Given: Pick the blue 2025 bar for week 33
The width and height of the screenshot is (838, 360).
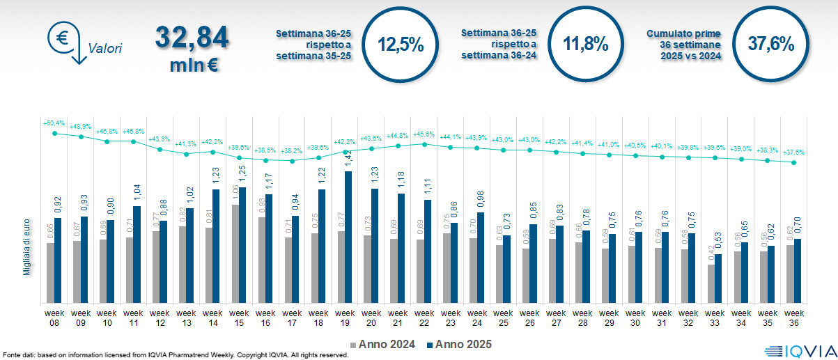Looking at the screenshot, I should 717,278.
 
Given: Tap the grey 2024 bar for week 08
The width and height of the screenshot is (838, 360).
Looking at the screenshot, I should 51,272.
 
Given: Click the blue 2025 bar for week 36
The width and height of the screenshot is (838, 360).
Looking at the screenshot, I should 797,270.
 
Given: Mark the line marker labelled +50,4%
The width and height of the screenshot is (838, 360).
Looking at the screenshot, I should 54,132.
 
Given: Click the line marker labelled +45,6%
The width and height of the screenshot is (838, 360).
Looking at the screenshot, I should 424,144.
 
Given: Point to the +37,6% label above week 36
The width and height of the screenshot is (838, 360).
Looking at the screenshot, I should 794,152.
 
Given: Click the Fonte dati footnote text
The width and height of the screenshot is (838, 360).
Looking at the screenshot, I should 174,355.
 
